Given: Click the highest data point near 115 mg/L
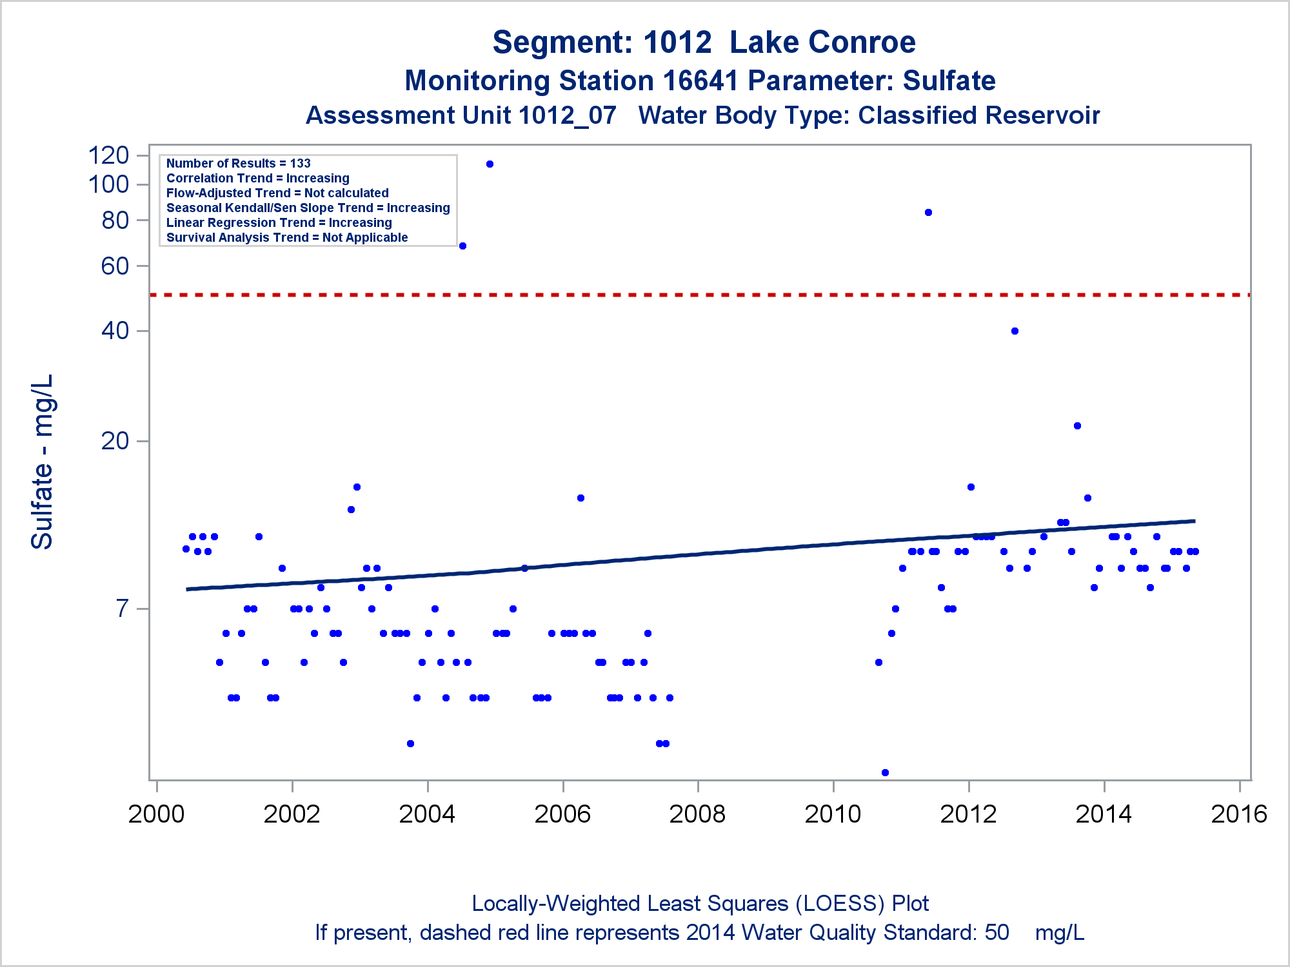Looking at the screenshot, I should tap(490, 164).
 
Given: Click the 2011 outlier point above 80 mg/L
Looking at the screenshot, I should tap(928, 213).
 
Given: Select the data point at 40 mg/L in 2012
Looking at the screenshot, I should tap(1015, 331).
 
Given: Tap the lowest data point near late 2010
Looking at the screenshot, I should tap(885, 772).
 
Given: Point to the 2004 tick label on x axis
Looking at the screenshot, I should tap(427, 814).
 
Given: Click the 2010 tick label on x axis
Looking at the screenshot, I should tap(833, 814).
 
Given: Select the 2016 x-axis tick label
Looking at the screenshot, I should tap(1239, 814).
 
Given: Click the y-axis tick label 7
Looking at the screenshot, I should tap(123, 609).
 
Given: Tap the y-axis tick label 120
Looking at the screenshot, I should tap(108, 155).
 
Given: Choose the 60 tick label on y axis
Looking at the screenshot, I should tap(115, 266).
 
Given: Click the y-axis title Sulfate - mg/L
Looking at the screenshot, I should tap(43, 462).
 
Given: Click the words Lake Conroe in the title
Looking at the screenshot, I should tap(822, 43).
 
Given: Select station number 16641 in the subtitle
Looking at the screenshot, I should tap(700, 81).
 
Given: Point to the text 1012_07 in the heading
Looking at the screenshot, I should tap(567, 116).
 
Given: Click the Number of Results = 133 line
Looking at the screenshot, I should tap(238, 164).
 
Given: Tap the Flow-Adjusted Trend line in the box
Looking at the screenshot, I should tap(277, 193).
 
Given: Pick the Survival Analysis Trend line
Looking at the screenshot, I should tap(287, 238).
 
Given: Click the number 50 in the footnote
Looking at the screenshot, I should tap(997, 933).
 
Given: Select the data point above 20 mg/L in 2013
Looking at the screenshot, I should tap(1077, 426).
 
